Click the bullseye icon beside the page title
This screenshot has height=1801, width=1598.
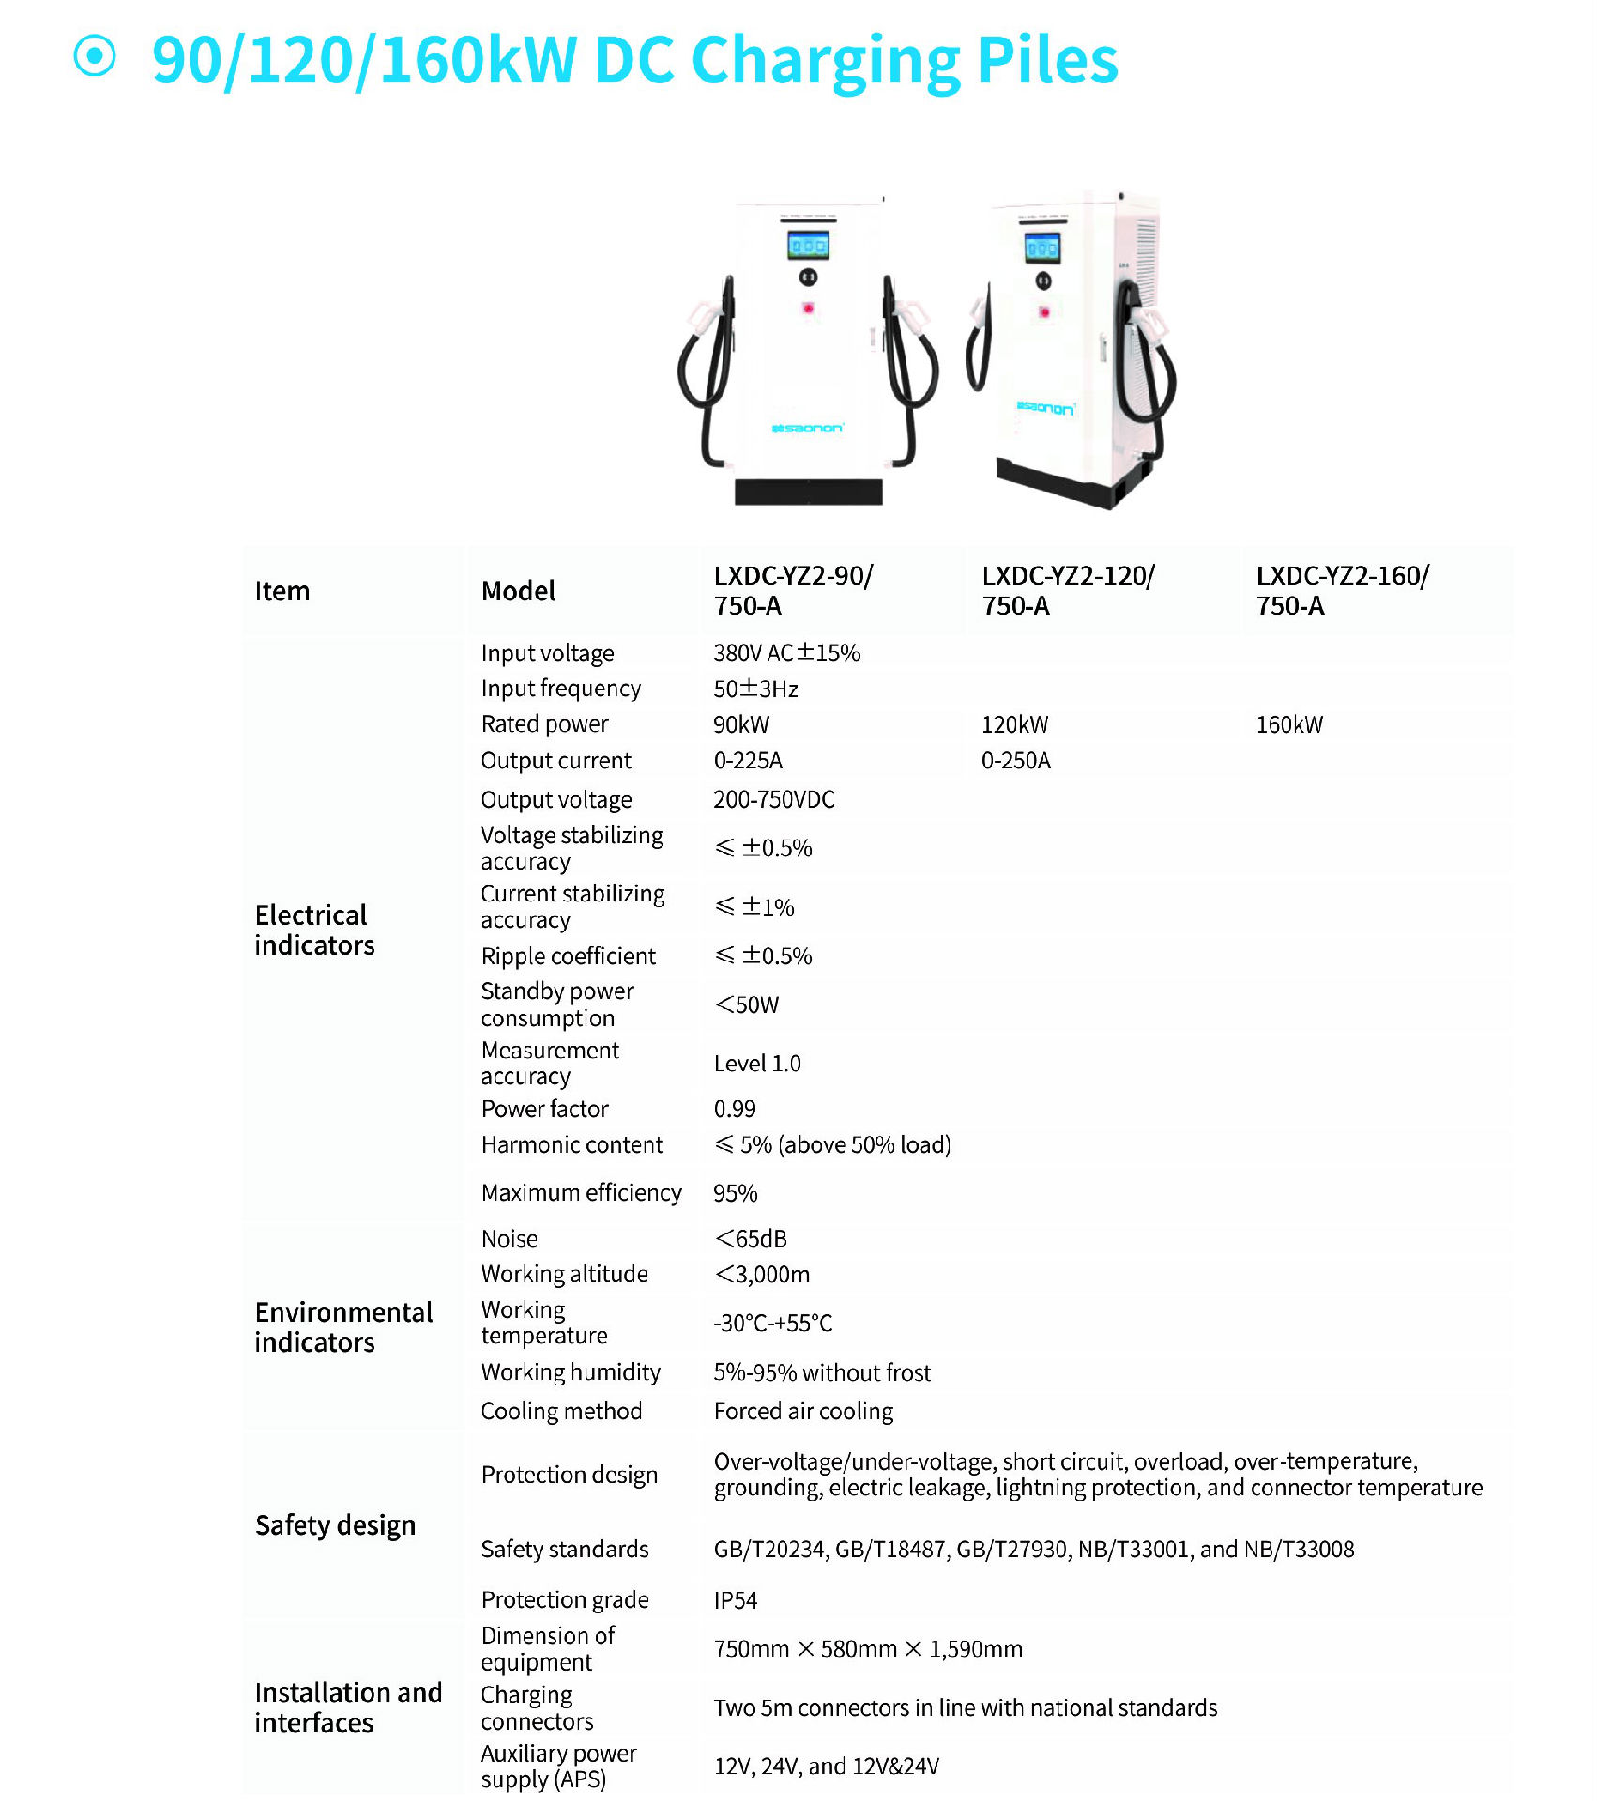tap(95, 56)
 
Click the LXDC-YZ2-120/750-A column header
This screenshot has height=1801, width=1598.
tap(1068, 591)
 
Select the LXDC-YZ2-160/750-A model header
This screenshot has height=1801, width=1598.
tap(1342, 591)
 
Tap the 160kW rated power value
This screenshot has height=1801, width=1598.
tap(1289, 724)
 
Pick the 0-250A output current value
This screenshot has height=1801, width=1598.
tap(1015, 761)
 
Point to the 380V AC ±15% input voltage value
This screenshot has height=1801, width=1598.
tap(786, 653)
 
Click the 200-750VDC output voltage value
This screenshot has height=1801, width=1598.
tap(774, 799)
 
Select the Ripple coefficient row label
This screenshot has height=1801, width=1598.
tap(568, 956)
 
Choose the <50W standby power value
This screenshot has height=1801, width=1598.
tap(747, 1005)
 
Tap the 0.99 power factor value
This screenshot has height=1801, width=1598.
tap(735, 1109)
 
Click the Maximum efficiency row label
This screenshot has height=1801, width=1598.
tap(581, 1192)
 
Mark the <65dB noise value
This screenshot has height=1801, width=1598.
tap(751, 1238)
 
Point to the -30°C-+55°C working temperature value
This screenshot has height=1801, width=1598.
tap(773, 1323)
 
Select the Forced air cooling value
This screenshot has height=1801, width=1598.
tap(803, 1411)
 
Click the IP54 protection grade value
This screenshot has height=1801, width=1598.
tap(736, 1600)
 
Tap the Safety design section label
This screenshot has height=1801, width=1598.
tap(335, 1525)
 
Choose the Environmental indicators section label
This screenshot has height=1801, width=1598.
tap(343, 1326)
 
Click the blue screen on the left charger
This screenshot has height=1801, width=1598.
tap(808, 246)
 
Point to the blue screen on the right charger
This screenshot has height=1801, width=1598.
tap(1042, 249)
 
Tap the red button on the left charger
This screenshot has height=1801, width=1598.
tap(808, 308)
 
